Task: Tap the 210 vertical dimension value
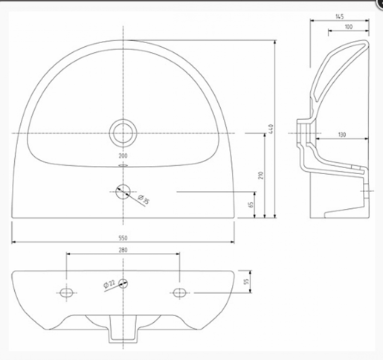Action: point(261,176)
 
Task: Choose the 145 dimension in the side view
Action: point(339,16)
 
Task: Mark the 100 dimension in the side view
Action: point(349,27)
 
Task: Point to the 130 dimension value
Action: point(341,134)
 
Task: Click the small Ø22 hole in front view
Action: point(123,284)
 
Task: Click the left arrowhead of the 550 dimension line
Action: point(14,242)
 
